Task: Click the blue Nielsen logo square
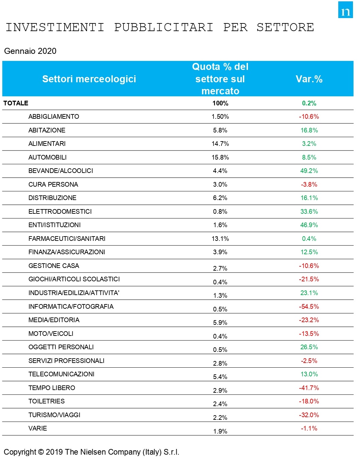[x=345, y=10]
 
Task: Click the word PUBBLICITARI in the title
[x=164, y=27]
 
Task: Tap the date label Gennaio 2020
[x=30, y=51]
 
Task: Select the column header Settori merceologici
[x=89, y=79]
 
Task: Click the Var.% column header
[x=309, y=79]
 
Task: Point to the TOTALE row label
[x=16, y=103]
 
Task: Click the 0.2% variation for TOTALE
[x=309, y=103]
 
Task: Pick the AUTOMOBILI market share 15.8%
[x=220, y=157]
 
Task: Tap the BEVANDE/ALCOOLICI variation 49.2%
[x=309, y=171]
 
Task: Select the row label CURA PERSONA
[x=53, y=184]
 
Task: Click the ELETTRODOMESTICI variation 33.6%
[x=309, y=211]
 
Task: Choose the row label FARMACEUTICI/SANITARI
[x=67, y=239]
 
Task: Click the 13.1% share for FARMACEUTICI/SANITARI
[x=220, y=239]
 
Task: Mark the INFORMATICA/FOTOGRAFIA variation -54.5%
[x=309, y=306]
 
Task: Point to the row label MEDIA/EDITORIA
[x=54, y=320]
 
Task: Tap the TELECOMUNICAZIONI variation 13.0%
[x=309, y=374]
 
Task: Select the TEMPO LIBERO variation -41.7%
[x=309, y=388]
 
